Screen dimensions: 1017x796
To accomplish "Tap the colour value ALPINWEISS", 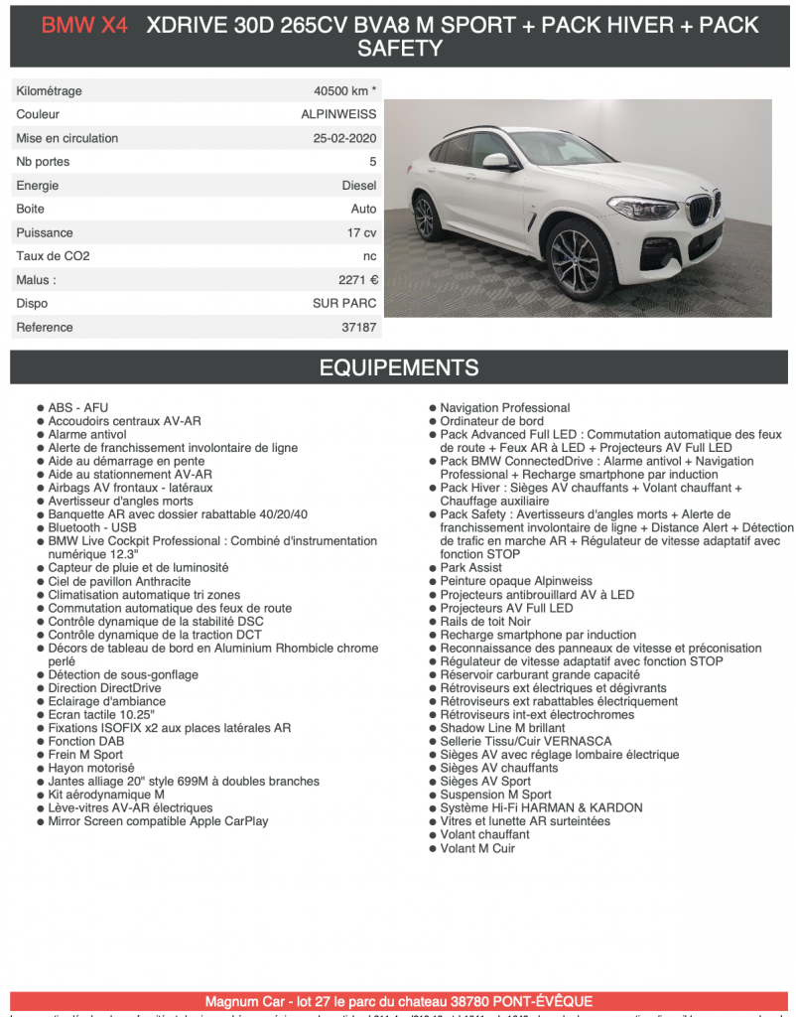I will click(x=338, y=114).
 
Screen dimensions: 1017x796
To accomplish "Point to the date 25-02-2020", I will click(x=344, y=138).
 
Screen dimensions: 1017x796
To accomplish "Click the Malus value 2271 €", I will click(x=357, y=280).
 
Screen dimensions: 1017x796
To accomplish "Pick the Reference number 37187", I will click(x=358, y=327).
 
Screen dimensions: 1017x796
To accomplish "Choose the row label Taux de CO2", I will click(x=53, y=256).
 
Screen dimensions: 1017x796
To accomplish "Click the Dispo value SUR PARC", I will click(x=344, y=304).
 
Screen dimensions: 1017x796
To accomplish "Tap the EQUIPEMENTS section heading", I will click(x=398, y=368).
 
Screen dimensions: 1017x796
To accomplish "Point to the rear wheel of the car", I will click(x=427, y=218).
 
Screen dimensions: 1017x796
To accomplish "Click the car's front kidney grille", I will click(x=701, y=210).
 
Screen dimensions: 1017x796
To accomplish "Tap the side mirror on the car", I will click(x=496, y=160).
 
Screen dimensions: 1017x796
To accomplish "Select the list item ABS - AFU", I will click(x=78, y=408).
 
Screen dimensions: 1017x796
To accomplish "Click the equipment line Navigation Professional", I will click(x=504, y=408).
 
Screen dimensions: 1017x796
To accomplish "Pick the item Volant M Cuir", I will click(x=477, y=848).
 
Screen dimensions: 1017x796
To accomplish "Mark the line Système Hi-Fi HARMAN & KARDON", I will click(x=541, y=808).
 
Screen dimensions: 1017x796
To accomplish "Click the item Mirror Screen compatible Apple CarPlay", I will click(x=158, y=821).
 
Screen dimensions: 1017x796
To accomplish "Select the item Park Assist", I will click(x=470, y=568).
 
